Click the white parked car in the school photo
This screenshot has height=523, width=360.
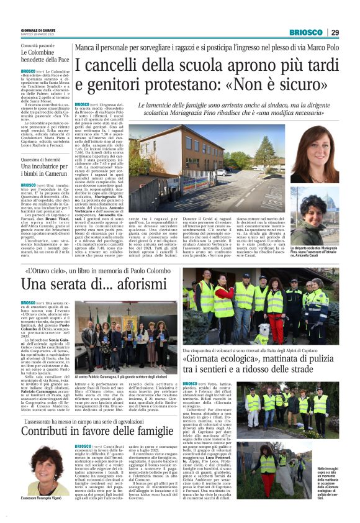pos(221,171)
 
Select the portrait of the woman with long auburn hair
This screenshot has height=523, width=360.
pos(323,157)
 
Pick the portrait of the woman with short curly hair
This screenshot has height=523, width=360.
pos(323,221)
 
